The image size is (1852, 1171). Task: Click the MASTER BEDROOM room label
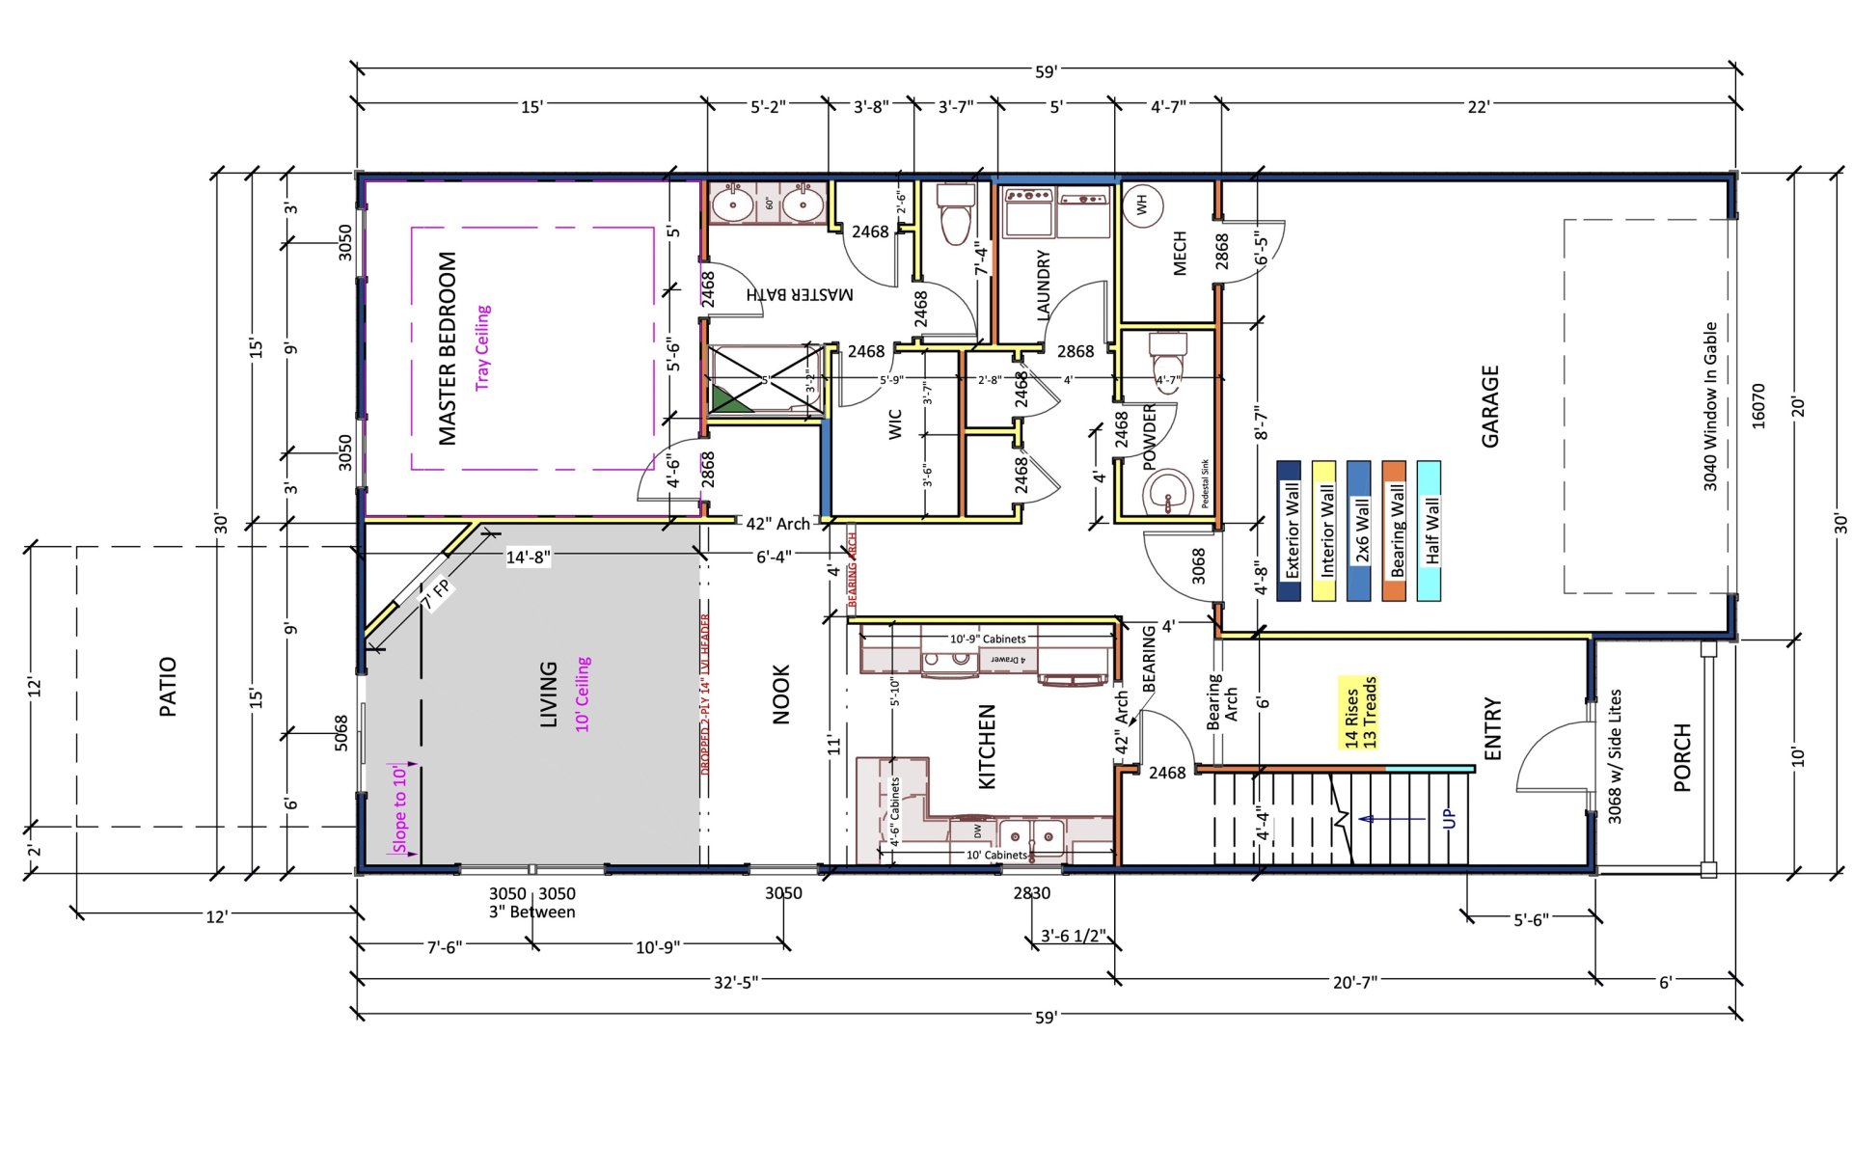click(x=447, y=348)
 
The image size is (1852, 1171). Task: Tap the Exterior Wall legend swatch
click(x=1289, y=531)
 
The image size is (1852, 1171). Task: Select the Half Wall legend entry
click(x=1430, y=531)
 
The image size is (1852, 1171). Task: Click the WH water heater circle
click(x=1142, y=204)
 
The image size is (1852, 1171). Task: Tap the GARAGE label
click(x=1490, y=405)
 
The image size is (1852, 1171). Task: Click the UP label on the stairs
click(x=1448, y=819)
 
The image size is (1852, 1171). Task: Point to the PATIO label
click(x=168, y=686)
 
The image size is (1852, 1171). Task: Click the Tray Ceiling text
click(x=483, y=347)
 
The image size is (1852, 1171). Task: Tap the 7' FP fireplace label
click(x=436, y=594)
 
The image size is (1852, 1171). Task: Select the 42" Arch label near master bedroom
click(x=777, y=524)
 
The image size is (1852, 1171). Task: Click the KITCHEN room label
click(x=987, y=746)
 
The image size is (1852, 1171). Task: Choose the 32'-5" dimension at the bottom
click(x=736, y=982)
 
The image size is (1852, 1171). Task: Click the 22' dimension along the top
click(x=1479, y=106)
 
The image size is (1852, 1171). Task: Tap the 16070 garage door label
click(x=1757, y=405)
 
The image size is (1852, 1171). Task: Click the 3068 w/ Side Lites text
click(x=1615, y=755)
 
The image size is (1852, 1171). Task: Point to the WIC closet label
click(x=894, y=424)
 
